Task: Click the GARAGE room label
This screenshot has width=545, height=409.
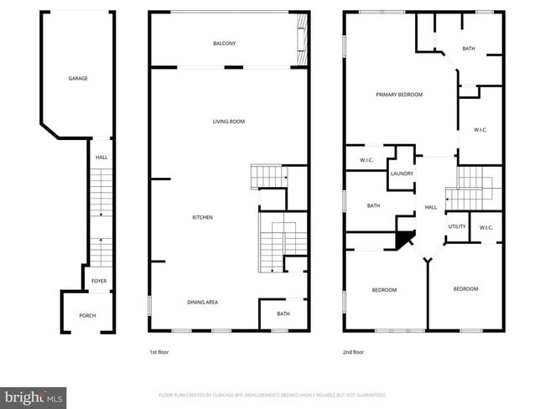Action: click(x=78, y=79)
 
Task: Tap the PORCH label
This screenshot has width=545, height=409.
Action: click(x=87, y=316)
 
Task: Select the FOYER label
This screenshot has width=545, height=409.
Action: click(x=99, y=281)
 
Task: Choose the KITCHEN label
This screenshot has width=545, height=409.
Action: click(x=203, y=218)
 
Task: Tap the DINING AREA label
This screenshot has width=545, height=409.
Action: click(x=202, y=303)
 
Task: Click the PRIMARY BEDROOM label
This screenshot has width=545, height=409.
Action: click(x=399, y=95)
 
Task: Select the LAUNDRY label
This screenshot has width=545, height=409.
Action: click(x=402, y=173)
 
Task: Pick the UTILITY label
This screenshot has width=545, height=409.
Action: click(x=457, y=227)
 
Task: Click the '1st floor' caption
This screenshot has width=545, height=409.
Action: click(x=158, y=352)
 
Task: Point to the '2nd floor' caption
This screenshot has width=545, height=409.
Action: click(x=353, y=352)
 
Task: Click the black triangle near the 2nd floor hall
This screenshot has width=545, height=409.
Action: click(x=404, y=240)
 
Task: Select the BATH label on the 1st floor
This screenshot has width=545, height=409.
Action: click(x=283, y=314)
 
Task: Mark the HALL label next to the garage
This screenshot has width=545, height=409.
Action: click(x=101, y=158)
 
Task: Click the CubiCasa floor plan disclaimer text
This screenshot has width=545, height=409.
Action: click(x=272, y=395)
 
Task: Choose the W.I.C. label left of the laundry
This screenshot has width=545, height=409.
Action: click(x=366, y=160)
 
